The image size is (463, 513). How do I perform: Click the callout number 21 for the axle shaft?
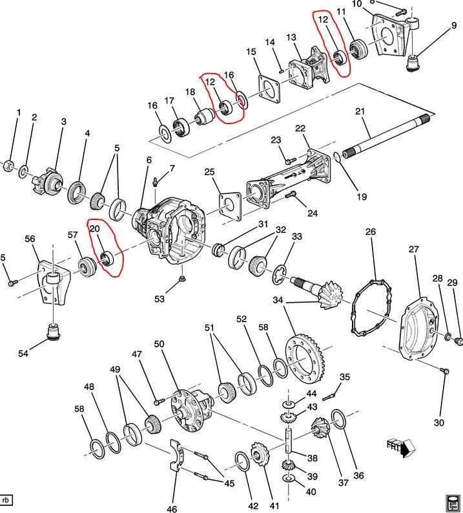point(360,111)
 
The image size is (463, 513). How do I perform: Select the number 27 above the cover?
point(414,250)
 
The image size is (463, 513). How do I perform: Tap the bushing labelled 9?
point(415,64)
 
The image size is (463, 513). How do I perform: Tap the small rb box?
point(8,500)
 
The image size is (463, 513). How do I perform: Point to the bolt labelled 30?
point(444,371)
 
